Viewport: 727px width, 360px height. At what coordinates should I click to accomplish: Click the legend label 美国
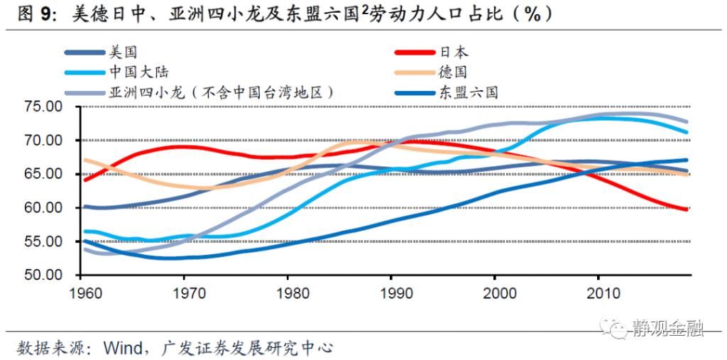pos(122,52)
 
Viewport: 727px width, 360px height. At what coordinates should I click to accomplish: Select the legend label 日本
pos(454,52)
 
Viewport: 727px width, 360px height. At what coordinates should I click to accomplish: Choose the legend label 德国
pos(454,72)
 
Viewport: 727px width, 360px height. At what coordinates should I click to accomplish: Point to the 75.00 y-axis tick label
pos(44,107)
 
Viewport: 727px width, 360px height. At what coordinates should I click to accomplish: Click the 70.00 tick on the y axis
pos(44,141)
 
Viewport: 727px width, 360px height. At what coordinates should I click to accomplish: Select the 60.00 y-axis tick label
pos(44,208)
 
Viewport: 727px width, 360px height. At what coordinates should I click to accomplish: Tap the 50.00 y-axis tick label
pos(44,276)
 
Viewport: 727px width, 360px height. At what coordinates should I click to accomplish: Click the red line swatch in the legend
pos(412,52)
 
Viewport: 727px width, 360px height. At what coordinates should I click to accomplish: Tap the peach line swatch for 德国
pos(412,72)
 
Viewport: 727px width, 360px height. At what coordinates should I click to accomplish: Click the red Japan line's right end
pos(687,209)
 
